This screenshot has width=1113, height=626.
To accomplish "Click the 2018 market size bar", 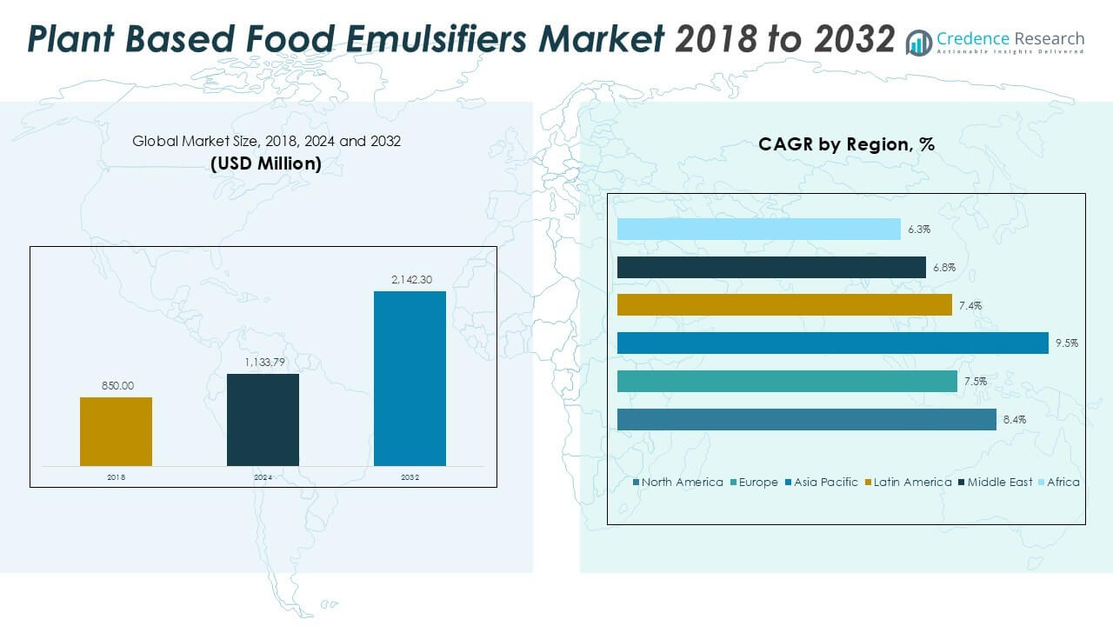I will coord(116,431).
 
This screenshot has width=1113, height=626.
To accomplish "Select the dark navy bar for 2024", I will coord(263,420).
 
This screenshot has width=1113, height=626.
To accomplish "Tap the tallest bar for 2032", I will coord(410,378).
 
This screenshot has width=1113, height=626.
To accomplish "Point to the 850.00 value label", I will coord(116,385).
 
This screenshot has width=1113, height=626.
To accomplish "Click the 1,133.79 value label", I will coord(263,362).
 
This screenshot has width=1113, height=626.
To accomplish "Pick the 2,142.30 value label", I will coord(410,279).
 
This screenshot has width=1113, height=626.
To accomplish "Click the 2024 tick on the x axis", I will coord(263,478).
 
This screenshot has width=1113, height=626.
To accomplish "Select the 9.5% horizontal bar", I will coord(832,343).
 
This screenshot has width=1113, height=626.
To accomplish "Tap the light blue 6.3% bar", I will coord(758,229).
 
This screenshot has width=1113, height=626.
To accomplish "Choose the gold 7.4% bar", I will coord(784,305).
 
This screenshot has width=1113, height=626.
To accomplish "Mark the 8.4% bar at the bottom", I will coord(806,420).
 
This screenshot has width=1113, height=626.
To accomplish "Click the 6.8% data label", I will coord(943,268).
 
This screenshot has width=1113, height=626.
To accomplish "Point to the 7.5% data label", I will coord(975,382).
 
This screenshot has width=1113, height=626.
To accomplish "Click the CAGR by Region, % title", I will coord(846,145).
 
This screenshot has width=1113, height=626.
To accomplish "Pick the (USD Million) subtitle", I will coord(266,163).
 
